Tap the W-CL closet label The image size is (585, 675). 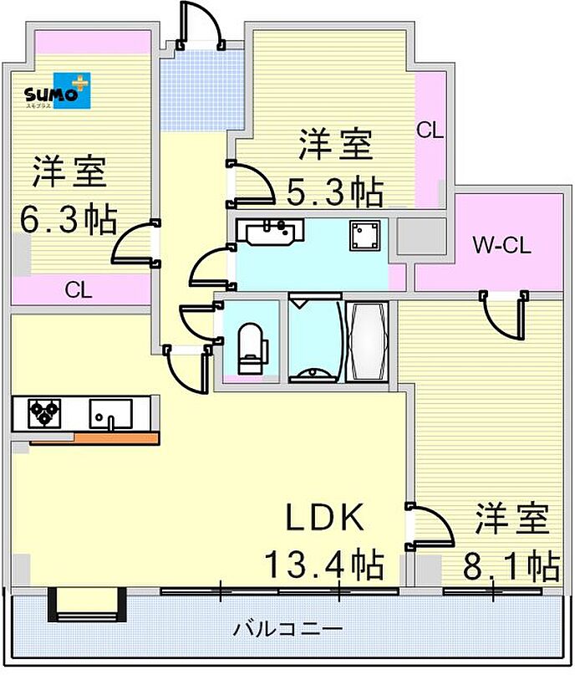[x=501, y=246]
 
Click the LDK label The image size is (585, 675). [x=325, y=519]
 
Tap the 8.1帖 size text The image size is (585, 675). [x=511, y=567]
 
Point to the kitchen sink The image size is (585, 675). [x=110, y=413]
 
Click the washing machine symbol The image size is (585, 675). [x=365, y=234]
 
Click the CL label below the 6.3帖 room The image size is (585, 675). [x=79, y=291]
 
